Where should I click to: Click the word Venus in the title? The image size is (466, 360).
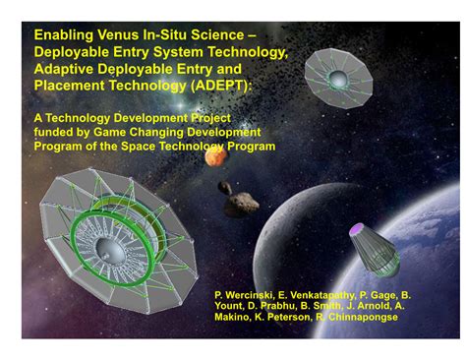(x=118, y=36)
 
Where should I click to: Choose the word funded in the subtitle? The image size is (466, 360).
(x=55, y=131)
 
